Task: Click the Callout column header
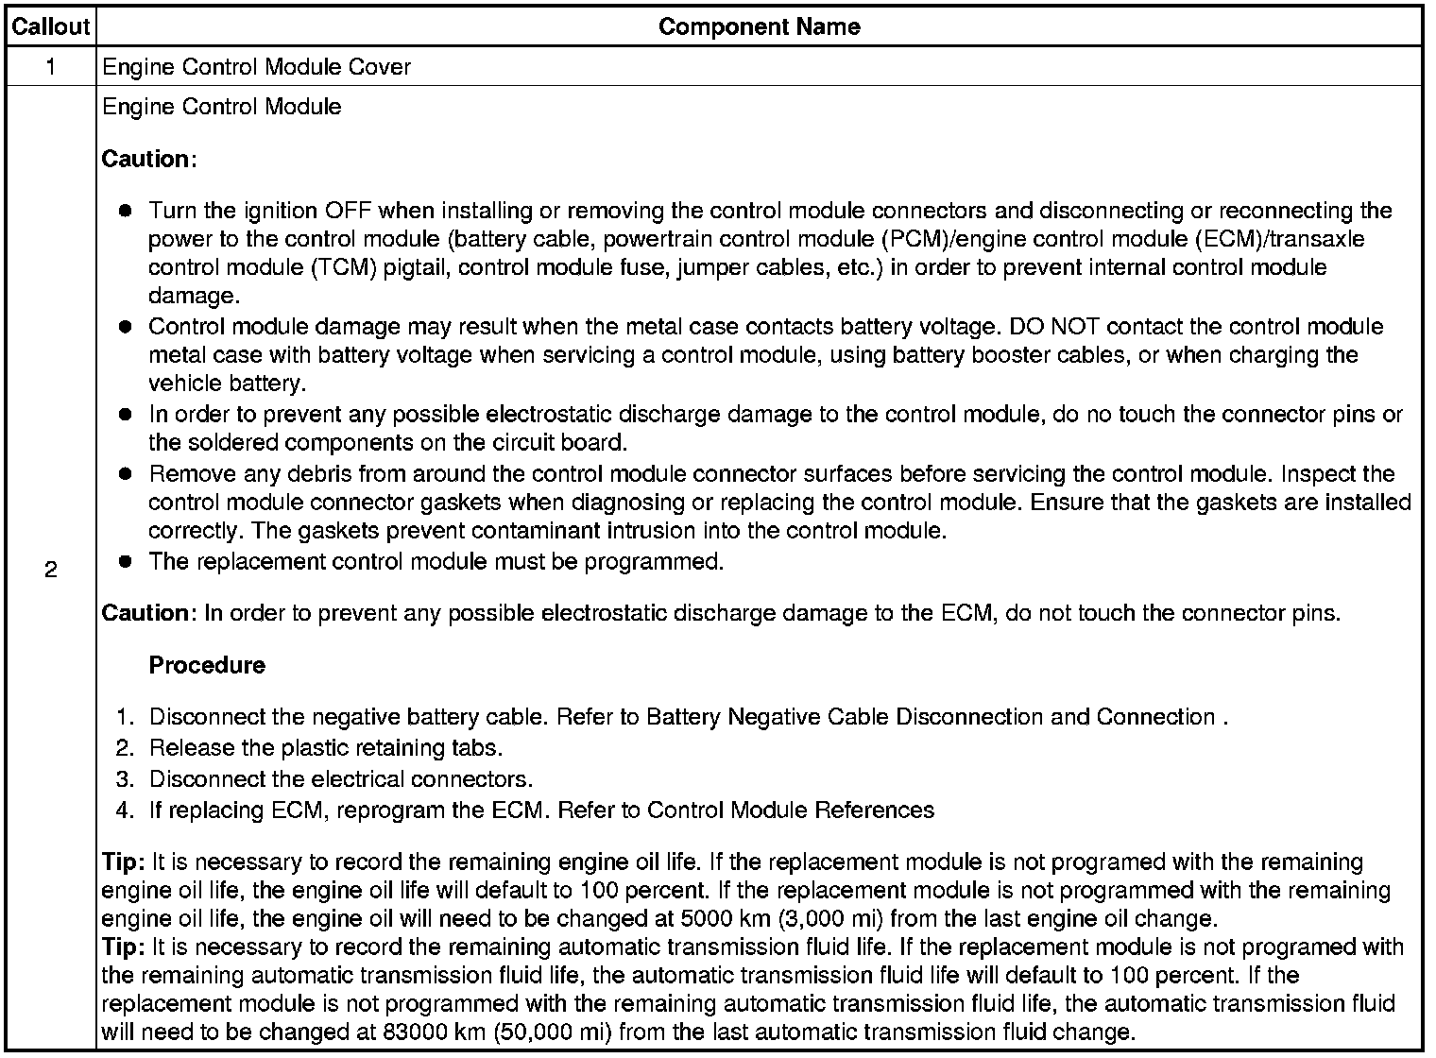pos(50,26)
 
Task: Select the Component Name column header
pos(759,26)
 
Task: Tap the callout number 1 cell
pos(50,66)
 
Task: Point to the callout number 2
pos(50,570)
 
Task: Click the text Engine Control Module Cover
pos(256,67)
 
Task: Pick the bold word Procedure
pos(207,665)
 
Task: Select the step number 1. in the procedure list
pos(126,717)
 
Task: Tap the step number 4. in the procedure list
pos(126,810)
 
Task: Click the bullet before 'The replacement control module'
pos(126,561)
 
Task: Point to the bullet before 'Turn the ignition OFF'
pos(126,210)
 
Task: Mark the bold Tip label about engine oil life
pos(123,862)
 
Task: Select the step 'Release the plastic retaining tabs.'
pos(326,747)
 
